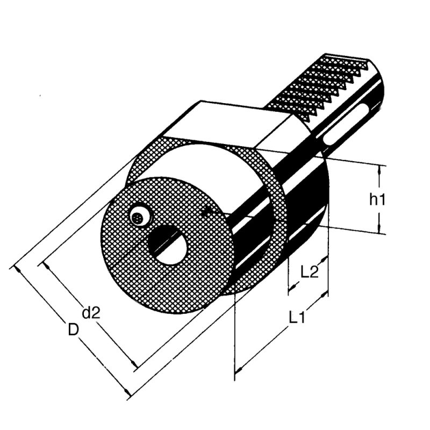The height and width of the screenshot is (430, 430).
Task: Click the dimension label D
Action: click(x=74, y=328)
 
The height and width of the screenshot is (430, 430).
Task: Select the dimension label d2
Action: click(x=91, y=313)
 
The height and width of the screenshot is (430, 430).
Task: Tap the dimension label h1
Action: click(x=377, y=200)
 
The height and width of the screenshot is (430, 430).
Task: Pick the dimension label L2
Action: click(x=310, y=271)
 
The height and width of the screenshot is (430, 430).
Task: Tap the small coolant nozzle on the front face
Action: click(x=139, y=217)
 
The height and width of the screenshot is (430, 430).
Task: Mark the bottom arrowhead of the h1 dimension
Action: click(x=381, y=230)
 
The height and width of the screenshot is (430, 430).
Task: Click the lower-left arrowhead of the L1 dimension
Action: click(x=239, y=370)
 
